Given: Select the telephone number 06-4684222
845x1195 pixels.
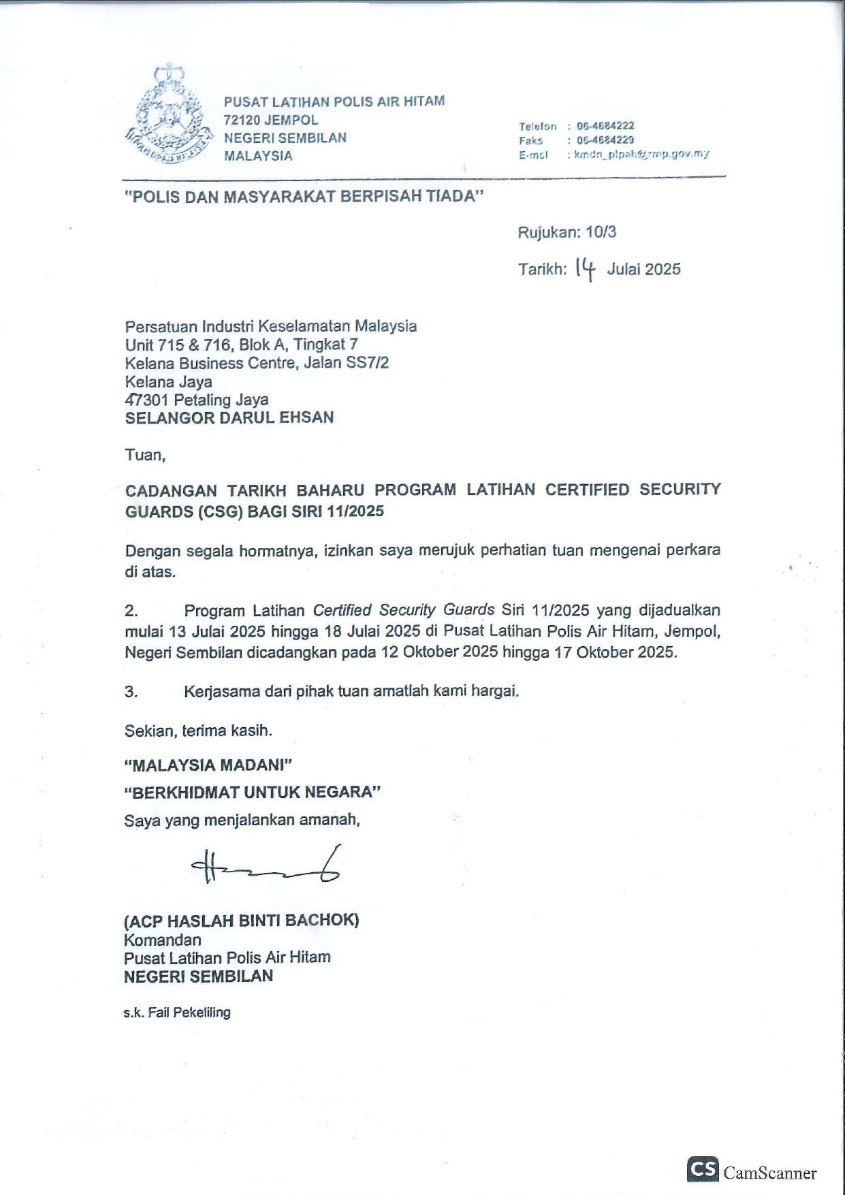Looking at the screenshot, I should (605, 126).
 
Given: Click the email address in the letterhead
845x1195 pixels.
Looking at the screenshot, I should (641, 155).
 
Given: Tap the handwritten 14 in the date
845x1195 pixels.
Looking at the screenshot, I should (585, 269).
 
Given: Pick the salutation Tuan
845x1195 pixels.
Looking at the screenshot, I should (144, 455).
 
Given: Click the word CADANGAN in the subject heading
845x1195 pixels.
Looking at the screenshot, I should (171, 490).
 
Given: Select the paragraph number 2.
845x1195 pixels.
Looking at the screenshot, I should (131, 611).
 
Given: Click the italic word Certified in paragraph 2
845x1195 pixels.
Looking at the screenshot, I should (342, 610).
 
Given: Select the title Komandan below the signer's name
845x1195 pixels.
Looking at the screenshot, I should (162, 940).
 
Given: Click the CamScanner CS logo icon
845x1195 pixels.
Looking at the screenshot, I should (703, 1169).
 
